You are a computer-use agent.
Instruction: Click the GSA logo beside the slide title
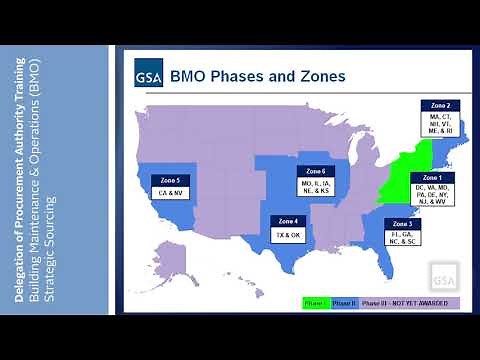(x=148, y=76)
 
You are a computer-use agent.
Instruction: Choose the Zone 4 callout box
(x=288, y=228)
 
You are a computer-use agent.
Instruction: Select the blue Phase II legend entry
(x=345, y=301)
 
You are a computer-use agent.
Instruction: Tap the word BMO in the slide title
(x=192, y=76)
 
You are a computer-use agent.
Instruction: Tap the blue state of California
(x=150, y=200)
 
